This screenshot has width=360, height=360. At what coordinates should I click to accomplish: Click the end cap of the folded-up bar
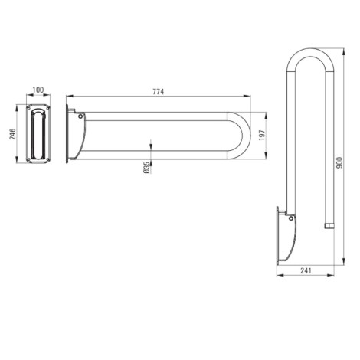[330, 226]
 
